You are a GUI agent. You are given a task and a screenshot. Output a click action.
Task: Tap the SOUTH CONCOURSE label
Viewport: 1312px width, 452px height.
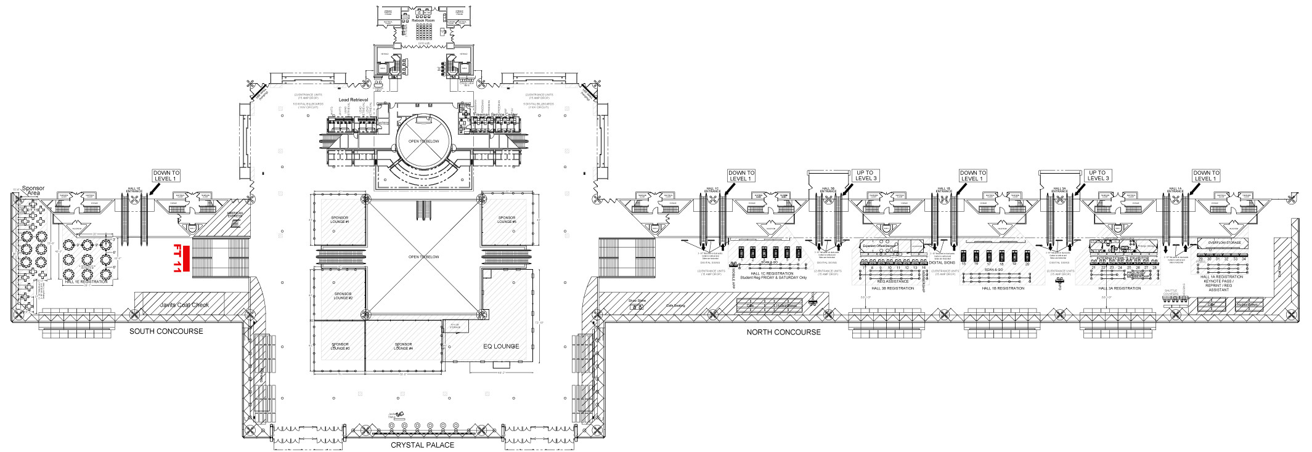(x=166, y=331)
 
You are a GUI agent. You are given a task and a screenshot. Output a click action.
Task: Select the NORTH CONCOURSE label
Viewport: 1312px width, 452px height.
(x=783, y=332)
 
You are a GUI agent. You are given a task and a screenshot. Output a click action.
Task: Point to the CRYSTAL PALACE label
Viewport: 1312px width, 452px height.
(x=422, y=445)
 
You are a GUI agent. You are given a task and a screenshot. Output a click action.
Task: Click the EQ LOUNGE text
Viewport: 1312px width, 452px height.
(x=500, y=346)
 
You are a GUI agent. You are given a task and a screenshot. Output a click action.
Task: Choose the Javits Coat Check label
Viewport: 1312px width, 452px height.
(x=184, y=305)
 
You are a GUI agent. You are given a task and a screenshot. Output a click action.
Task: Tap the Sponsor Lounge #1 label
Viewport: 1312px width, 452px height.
(x=340, y=220)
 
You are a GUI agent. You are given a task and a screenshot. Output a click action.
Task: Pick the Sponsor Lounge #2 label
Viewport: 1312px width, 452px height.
(x=343, y=296)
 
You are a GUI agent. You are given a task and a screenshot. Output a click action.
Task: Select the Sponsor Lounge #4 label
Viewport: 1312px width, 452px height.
(x=403, y=347)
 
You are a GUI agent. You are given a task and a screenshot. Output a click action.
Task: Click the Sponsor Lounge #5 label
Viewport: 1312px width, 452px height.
(x=507, y=220)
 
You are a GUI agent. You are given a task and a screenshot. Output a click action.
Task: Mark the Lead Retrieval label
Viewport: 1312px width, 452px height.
(x=353, y=100)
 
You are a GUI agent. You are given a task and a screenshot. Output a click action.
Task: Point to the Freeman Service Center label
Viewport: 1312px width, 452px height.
(x=495, y=115)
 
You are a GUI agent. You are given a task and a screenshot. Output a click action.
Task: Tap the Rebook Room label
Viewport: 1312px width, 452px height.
(x=423, y=20)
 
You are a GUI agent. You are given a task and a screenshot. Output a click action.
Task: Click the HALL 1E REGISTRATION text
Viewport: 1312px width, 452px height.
(x=86, y=281)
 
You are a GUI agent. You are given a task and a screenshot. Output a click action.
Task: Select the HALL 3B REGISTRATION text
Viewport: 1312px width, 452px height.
(x=892, y=288)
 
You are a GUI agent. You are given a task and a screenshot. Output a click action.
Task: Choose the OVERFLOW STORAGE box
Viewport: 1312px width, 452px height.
(x=1224, y=243)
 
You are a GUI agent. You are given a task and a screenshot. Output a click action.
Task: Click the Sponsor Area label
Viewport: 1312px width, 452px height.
(x=33, y=191)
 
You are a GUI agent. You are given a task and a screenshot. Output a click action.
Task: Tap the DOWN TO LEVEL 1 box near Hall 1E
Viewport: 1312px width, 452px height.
(x=166, y=176)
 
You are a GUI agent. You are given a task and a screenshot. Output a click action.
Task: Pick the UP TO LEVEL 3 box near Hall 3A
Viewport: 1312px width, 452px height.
(x=1098, y=176)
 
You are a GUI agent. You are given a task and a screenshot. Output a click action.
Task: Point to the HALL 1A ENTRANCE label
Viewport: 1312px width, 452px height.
(x=1175, y=190)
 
